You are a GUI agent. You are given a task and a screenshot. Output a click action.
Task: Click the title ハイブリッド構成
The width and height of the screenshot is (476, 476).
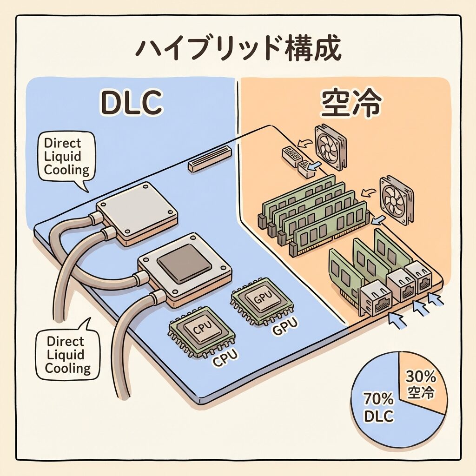[238, 50]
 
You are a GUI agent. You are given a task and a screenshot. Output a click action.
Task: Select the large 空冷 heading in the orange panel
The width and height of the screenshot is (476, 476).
[351, 105]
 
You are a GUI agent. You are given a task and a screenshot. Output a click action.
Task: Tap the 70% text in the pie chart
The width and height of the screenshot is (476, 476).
[378, 399]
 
